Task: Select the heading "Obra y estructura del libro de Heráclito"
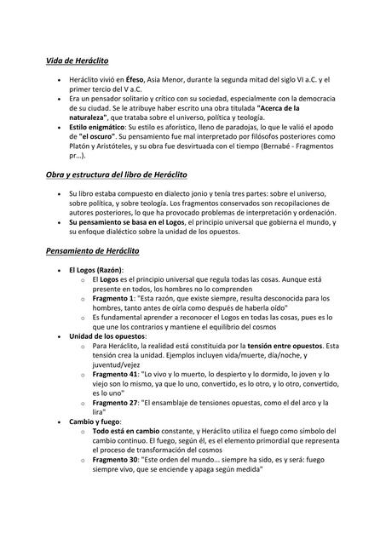(x=117, y=174)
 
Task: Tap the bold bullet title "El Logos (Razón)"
(x=103, y=270)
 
